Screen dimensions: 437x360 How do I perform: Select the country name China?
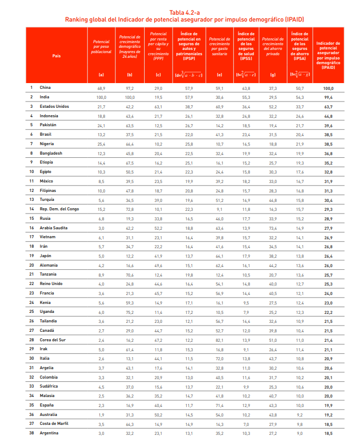click(45, 88)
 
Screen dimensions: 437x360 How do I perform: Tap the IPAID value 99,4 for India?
click(328, 97)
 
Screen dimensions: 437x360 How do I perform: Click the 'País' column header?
click(56, 55)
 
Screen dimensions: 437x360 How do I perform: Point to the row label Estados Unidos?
click(54, 106)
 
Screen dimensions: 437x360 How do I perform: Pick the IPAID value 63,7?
click(328, 106)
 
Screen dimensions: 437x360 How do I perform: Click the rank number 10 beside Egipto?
click(32, 171)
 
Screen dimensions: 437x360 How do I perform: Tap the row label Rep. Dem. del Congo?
click(59, 209)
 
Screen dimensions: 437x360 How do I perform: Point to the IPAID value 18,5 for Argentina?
click(328, 433)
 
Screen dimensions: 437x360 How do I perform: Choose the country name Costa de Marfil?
click(55, 423)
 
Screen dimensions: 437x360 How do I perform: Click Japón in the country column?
click(46, 256)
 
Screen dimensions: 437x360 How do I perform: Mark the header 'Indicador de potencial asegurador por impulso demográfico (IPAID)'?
click(328, 56)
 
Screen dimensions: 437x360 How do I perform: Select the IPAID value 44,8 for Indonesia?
click(328, 116)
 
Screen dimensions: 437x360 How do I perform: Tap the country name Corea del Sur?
click(54, 340)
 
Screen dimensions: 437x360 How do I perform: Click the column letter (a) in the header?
click(101, 75)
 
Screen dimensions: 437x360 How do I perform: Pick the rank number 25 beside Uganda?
click(32, 311)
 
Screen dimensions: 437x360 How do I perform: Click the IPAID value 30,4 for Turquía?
click(328, 200)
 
